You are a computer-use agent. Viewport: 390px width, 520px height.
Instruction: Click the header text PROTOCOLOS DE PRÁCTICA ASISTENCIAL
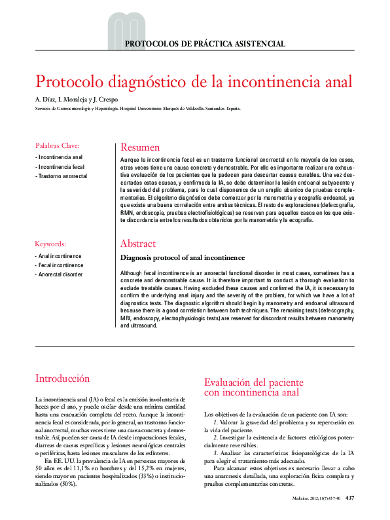(205, 44)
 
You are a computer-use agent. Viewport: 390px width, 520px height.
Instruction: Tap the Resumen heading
(140, 147)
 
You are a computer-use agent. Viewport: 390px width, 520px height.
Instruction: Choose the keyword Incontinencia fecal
(61, 167)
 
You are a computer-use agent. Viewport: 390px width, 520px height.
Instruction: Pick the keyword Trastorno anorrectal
(63, 176)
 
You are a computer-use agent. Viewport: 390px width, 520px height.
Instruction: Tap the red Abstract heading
(137, 244)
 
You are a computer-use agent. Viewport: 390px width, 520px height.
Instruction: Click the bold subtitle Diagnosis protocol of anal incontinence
(183, 258)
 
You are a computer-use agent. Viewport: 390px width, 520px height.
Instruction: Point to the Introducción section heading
(62, 379)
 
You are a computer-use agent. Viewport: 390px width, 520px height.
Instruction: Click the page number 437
(349, 498)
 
